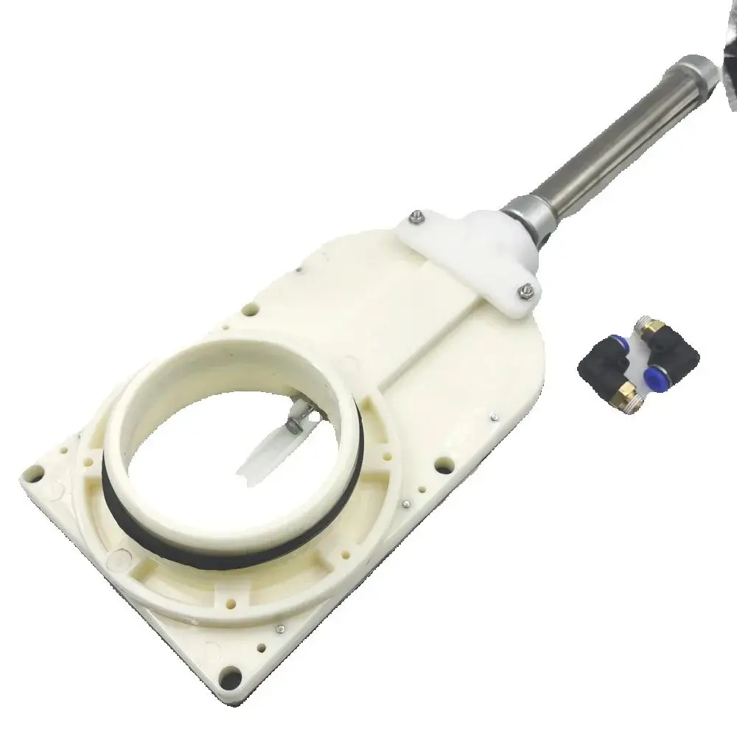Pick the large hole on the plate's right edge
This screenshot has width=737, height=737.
tap(443, 465)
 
